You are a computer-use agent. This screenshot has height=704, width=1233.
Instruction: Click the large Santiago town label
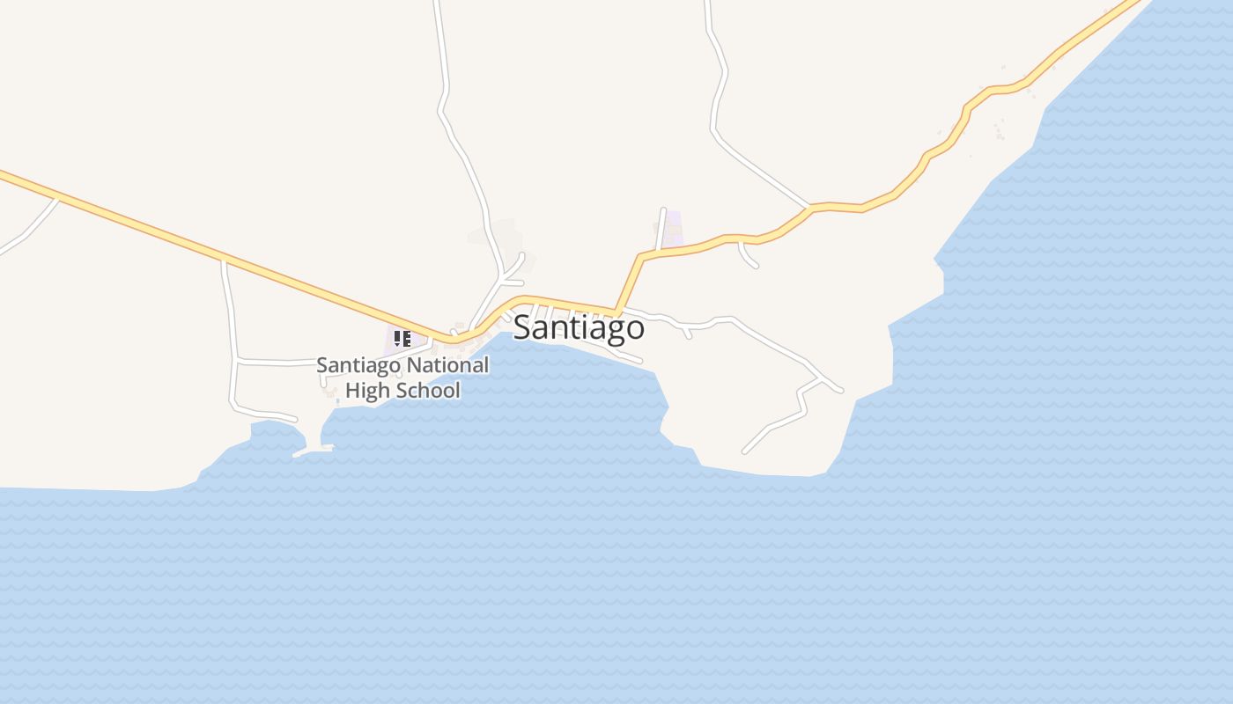tap(579, 327)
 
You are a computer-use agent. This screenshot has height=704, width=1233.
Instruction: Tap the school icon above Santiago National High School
tap(402, 338)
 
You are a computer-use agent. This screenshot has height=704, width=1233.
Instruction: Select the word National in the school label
tap(446, 364)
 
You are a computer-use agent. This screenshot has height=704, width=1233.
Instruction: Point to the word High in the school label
tap(365, 390)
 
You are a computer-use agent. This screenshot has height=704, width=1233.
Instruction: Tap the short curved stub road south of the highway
tap(748, 256)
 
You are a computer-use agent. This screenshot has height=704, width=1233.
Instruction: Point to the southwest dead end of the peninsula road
tap(745, 451)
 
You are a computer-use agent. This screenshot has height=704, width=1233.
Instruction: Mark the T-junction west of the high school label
tap(236, 361)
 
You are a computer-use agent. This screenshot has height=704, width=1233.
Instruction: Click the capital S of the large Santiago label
tap(522, 327)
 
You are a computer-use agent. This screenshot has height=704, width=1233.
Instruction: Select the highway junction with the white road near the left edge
tap(58, 197)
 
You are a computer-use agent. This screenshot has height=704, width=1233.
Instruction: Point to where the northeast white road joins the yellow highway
tap(809, 208)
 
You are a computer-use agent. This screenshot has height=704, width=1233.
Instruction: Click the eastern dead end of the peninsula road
tap(842, 391)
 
